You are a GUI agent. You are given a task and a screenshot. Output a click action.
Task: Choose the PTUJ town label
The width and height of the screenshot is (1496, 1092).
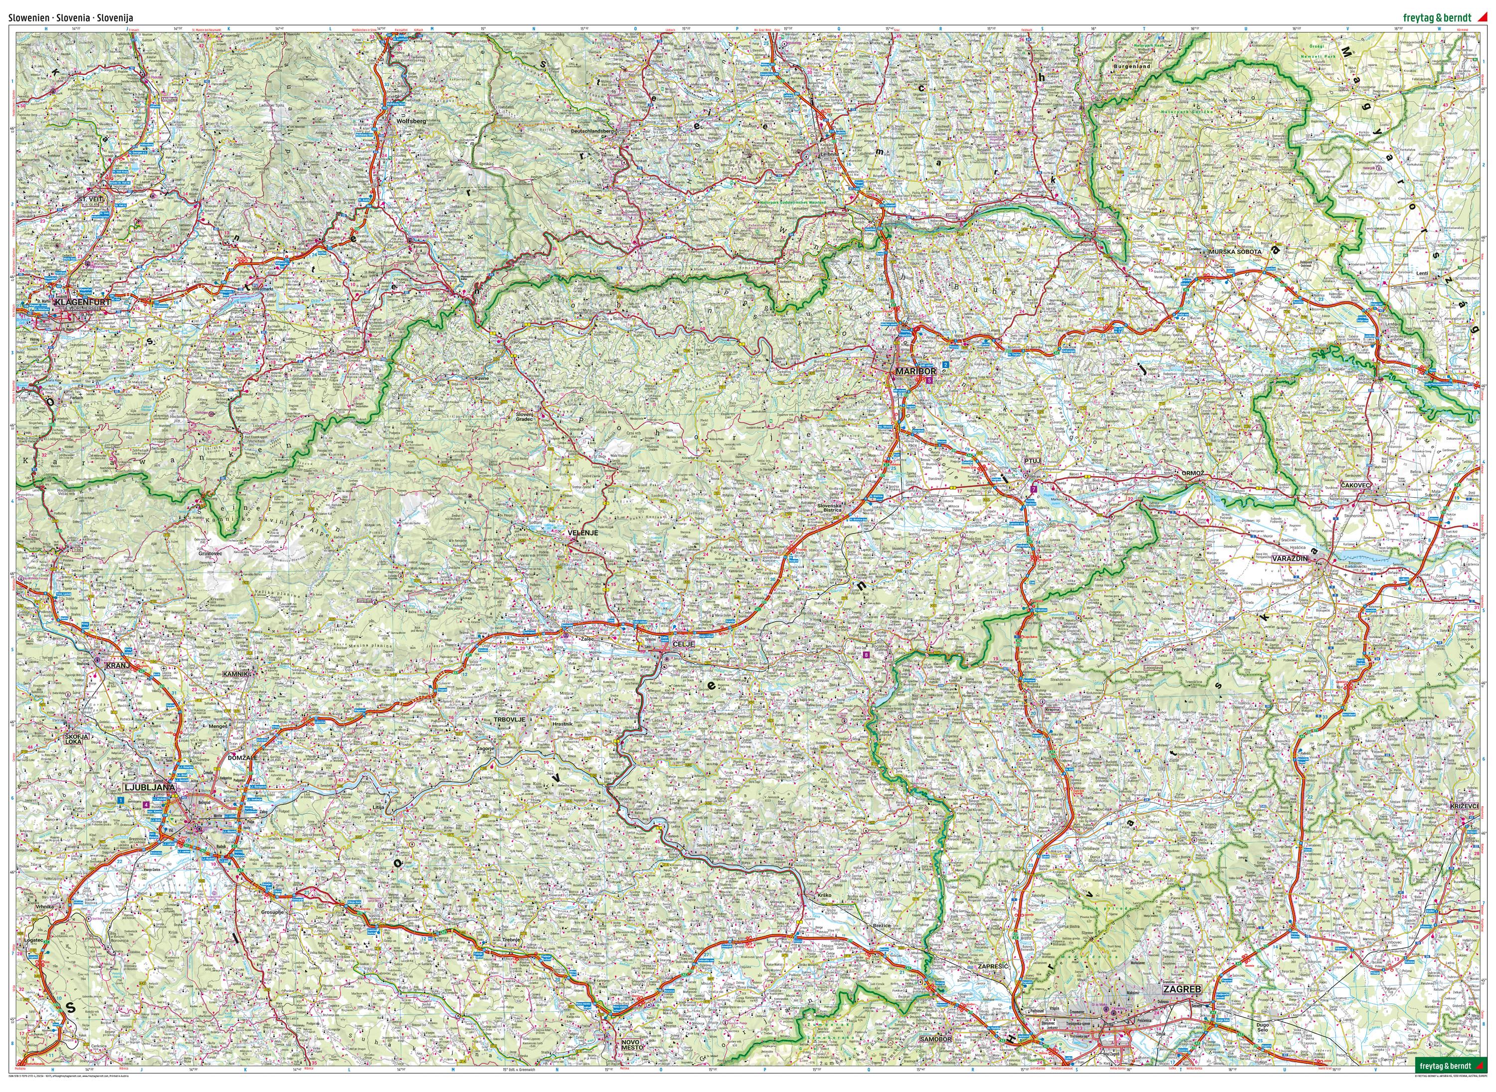[x=1033, y=460]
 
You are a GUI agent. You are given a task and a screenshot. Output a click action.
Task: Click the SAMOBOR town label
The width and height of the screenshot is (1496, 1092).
[x=935, y=1058]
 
